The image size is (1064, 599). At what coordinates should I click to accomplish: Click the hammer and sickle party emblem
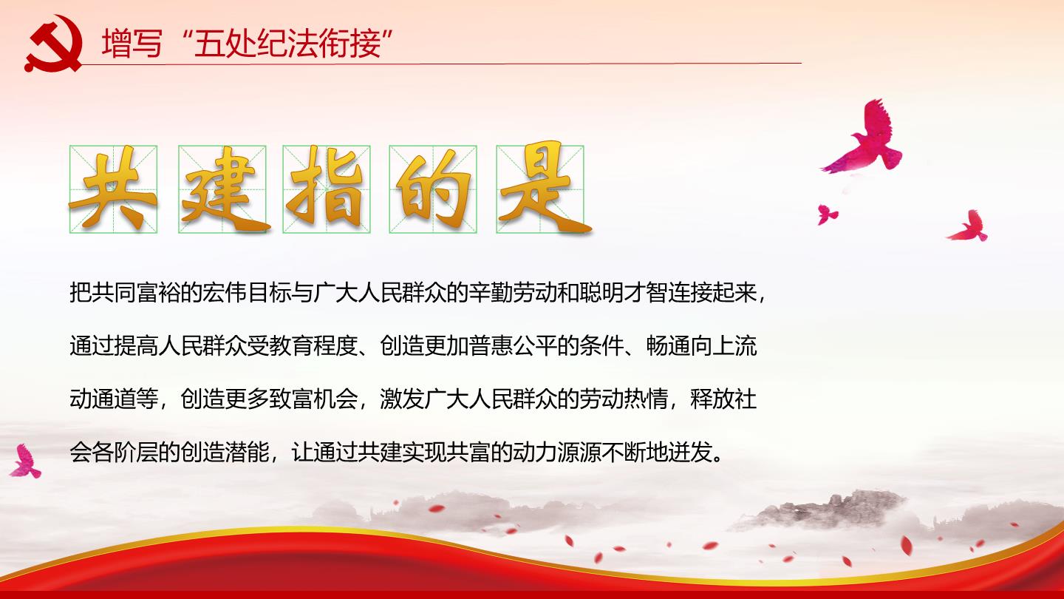(53, 44)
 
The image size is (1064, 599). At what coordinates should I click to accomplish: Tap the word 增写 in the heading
(132, 44)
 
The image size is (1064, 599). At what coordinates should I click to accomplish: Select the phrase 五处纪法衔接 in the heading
(287, 44)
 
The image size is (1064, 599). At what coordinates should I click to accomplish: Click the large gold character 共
(113, 189)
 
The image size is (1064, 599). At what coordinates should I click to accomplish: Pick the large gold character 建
(223, 189)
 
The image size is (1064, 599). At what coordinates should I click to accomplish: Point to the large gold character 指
(327, 188)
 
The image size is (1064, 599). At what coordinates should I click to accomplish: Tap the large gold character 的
(433, 189)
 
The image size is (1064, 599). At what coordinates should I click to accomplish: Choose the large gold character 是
(542, 188)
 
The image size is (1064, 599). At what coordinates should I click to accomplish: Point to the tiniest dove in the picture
(827, 214)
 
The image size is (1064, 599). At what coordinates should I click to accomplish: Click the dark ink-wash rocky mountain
(829, 511)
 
